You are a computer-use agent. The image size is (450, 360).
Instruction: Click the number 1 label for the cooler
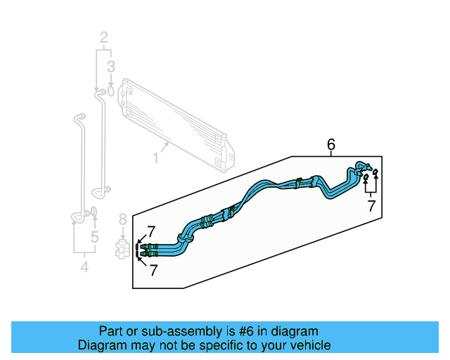155,159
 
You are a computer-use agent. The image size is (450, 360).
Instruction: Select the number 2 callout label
104,37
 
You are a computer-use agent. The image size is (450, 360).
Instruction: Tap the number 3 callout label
110,67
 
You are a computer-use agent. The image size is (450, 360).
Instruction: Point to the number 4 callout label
84,266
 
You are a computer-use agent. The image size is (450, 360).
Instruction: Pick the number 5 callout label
95,237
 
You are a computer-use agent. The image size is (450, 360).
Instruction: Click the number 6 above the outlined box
331,145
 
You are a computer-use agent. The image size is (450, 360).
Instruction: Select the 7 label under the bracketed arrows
372,206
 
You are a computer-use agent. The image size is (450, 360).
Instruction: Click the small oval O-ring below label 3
111,91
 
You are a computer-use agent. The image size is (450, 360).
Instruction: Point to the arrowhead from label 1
169,143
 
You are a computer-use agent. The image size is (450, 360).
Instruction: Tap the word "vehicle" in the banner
307,345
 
